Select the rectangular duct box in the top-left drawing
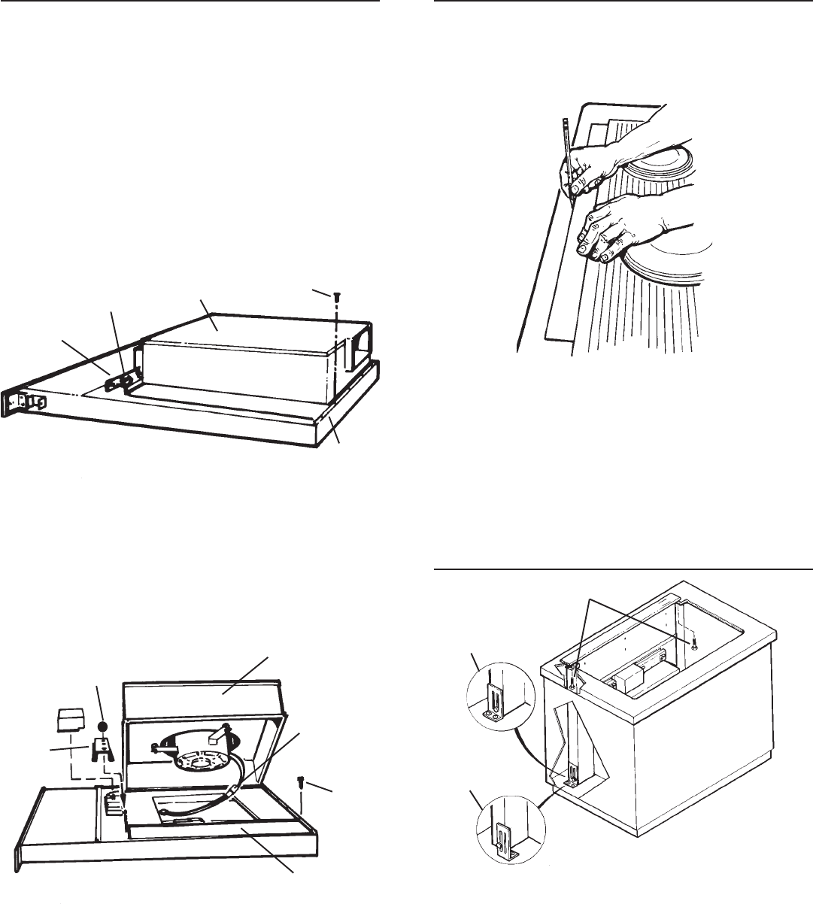[233, 366]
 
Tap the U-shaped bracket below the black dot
[103, 749]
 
